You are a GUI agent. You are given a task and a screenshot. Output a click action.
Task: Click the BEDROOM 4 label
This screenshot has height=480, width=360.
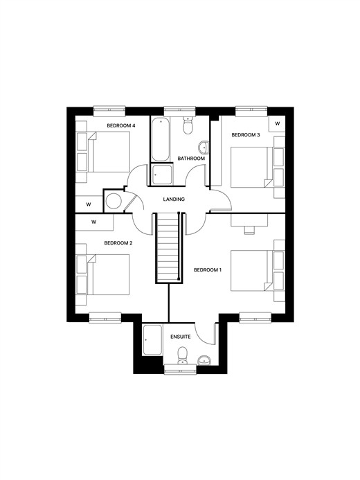pos(121,125)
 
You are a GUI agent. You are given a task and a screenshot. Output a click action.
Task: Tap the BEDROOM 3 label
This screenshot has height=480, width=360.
pos(246,134)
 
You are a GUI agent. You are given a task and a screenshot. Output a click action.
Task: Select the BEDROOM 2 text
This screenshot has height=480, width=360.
pos(118,243)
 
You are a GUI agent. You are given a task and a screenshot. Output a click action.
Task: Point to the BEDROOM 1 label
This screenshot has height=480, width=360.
pos(208,270)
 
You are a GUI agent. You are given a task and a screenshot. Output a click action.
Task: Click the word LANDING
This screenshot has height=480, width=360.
pos(174,199)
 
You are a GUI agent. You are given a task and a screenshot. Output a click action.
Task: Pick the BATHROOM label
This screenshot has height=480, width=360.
pos(191,159)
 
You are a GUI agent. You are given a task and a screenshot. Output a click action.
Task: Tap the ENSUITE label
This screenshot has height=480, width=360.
pos(181,337)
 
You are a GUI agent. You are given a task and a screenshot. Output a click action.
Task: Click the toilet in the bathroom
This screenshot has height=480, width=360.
pos(188,125)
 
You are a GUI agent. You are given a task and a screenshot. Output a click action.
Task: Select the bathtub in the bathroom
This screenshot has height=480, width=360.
pos(160,139)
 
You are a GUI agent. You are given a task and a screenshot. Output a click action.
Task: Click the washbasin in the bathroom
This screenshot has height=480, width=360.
pos(204,148)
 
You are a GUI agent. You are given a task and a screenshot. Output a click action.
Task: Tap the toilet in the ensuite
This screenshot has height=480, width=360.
pos(183,356)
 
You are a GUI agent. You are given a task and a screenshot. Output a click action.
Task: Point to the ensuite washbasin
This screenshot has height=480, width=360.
pos(204,361)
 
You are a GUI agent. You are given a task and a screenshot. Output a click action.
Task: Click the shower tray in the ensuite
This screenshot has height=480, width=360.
pos(152,340)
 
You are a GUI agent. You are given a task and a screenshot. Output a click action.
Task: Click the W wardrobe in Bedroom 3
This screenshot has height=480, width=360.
pos(277,124)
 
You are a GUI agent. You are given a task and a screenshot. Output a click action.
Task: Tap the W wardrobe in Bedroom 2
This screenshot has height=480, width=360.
pos(94,222)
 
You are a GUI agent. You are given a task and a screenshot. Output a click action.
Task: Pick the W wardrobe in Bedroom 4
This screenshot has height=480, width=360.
pos(89,204)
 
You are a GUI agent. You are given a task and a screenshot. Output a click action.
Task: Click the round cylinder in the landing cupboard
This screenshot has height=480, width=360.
pos(114,201)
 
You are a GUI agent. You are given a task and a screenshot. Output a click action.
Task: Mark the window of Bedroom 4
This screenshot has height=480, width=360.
pos(109,111)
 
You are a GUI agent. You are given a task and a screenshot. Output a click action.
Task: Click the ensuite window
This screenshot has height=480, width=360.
pos(180,369)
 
